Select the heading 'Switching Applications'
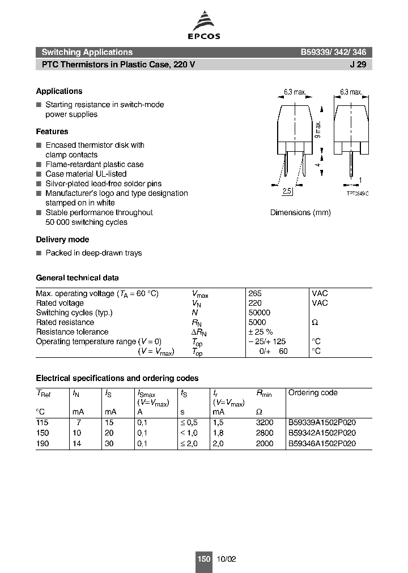tap(87, 52)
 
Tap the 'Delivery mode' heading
tap(62, 240)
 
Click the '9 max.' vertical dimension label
tap(318, 130)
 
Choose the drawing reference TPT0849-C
tap(358, 194)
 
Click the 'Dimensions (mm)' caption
tap(300, 212)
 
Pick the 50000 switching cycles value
tap(259, 313)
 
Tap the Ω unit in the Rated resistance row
tap(315, 322)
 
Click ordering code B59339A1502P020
tap(322, 422)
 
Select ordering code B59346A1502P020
tap(322, 443)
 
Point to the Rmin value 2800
tap(265, 433)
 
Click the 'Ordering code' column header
tap(312, 392)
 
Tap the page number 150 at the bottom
tap(203, 559)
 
